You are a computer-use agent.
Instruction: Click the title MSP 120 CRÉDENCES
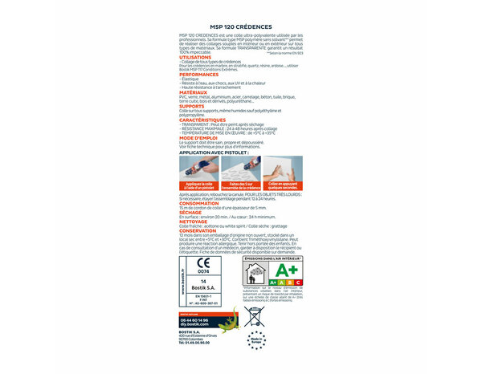tap(240, 26)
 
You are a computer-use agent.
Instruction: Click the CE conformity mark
tap(203, 264)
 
